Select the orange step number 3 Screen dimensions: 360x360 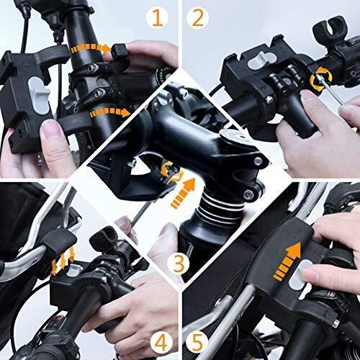(181, 264)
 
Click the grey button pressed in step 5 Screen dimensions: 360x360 (307, 271)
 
